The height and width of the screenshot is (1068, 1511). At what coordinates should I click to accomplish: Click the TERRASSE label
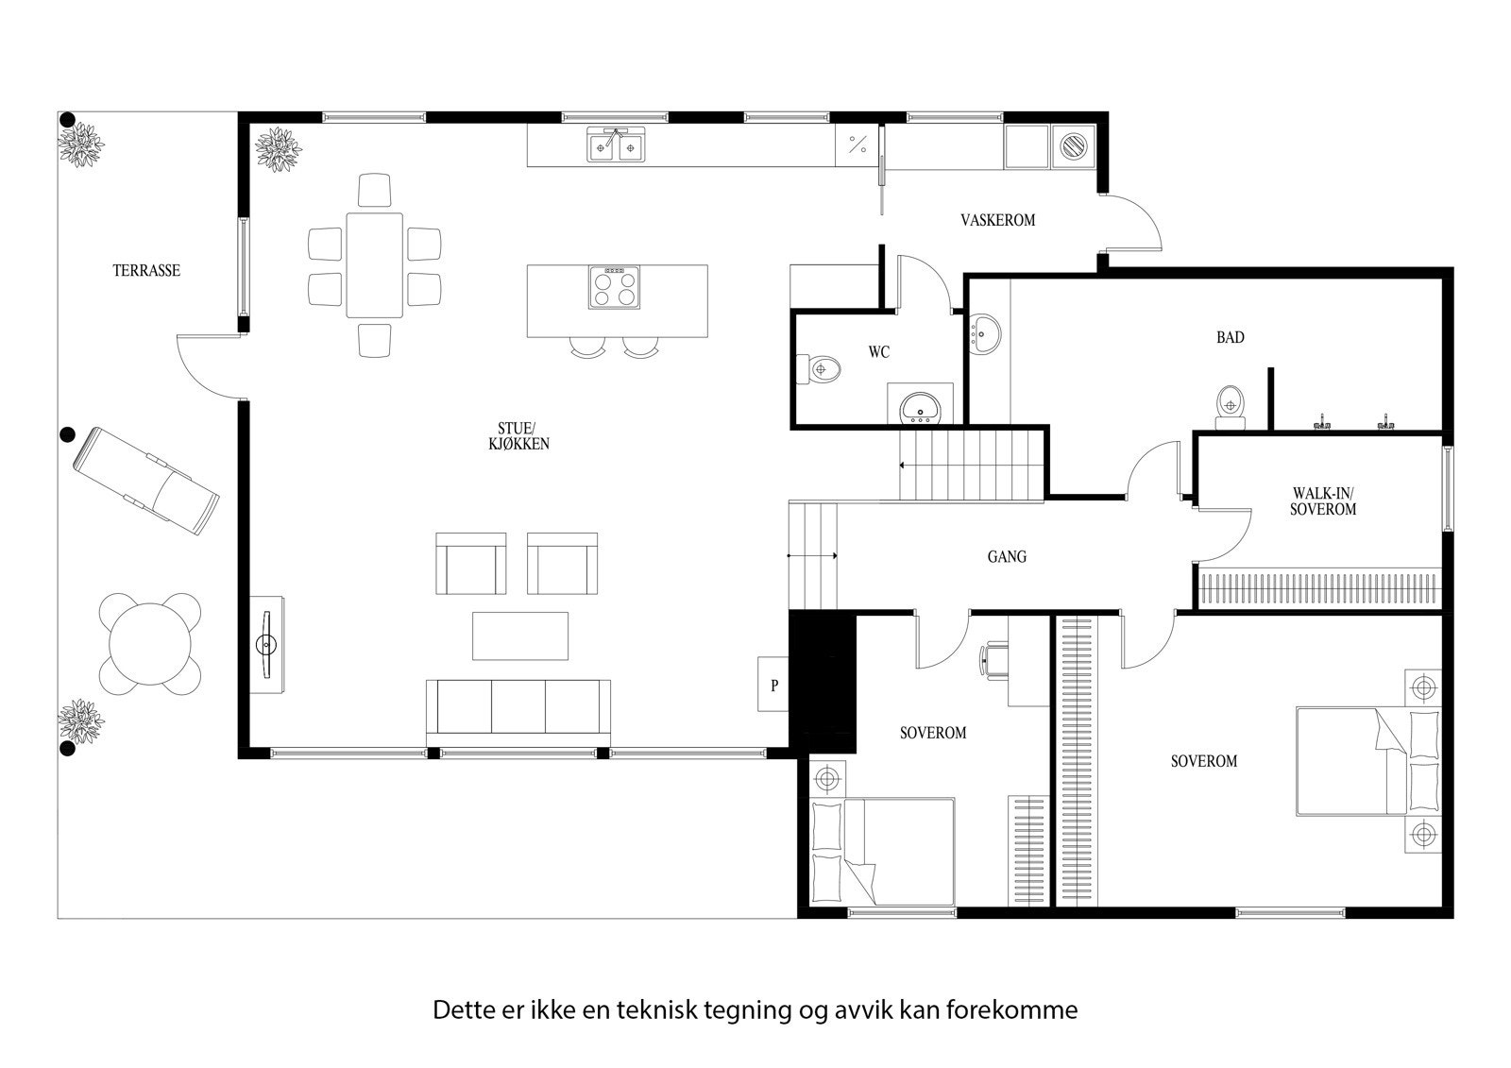click(146, 270)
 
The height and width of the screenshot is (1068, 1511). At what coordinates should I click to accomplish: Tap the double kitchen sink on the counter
click(616, 146)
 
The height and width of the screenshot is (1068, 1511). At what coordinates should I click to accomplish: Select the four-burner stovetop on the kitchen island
click(613, 287)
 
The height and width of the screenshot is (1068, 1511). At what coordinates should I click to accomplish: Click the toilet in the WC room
click(822, 368)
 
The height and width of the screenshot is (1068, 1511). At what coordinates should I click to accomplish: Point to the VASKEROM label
click(997, 220)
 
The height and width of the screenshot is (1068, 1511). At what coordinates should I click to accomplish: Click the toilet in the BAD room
click(1229, 404)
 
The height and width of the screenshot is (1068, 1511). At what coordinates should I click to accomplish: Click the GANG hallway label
click(1007, 557)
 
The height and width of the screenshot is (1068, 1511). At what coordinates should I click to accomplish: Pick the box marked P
click(774, 685)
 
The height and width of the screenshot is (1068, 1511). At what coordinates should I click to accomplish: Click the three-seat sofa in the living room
click(518, 709)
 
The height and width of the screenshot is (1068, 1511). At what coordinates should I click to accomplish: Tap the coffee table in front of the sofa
click(520, 636)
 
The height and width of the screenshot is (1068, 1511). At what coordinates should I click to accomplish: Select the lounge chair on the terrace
click(146, 480)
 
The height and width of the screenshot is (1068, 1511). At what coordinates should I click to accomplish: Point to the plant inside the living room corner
click(278, 149)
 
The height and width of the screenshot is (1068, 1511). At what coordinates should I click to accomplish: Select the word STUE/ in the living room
click(516, 427)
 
